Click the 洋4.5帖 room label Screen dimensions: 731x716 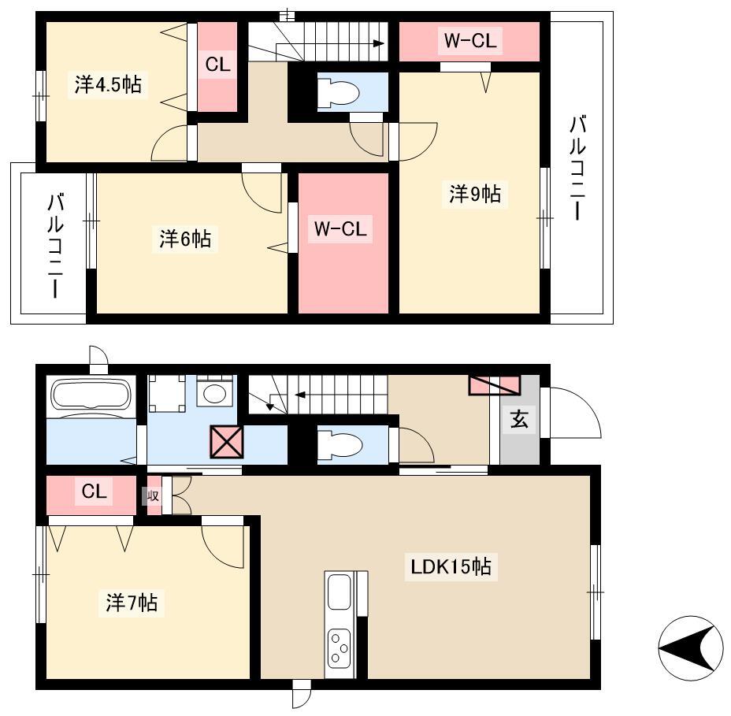pyautogui.click(x=108, y=84)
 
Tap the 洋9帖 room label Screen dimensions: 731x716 pyautogui.click(x=474, y=194)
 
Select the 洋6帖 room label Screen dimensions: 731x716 pyautogui.click(x=185, y=239)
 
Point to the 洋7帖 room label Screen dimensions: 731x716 pyautogui.click(x=131, y=603)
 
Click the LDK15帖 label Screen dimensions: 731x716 pyautogui.click(x=451, y=567)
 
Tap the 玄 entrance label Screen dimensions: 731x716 pyautogui.click(x=519, y=419)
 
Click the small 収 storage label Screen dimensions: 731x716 pyautogui.click(x=153, y=495)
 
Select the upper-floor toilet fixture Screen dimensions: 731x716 pyautogui.click(x=339, y=92)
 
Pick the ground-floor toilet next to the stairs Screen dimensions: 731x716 pyautogui.click(x=340, y=445)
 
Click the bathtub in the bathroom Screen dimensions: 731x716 pyautogui.click(x=91, y=395)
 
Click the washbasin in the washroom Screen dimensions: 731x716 pyautogui.click(x=214, y=392)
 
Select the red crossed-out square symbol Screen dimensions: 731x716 pyautogui.click(x=227, y=441)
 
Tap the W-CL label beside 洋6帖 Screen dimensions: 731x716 pyautogui.click(x=340, y=229)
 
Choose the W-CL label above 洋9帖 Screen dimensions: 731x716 pyautogui.click(x=470, y=40)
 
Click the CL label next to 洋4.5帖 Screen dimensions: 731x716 pyautogui.click(x=217, y=64)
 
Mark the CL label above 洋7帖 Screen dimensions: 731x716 pyautogui.click(x=95, y=491)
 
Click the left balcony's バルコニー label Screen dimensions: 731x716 pyautogui.click(x=55, y=246)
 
